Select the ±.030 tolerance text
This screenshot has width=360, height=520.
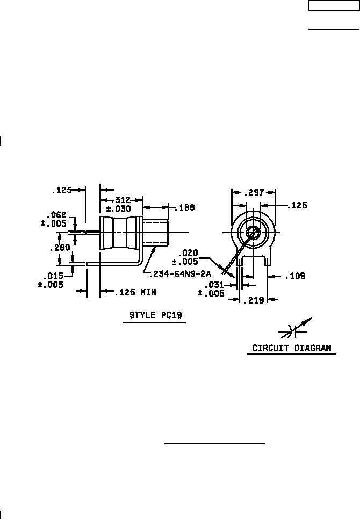[118, 209]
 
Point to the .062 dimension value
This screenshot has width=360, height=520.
[56, 214]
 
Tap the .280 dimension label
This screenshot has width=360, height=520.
[60, 248]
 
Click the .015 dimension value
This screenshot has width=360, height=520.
[53, 276]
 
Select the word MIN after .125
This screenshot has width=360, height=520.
[148, 292]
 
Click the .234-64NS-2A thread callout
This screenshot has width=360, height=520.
[180, 275]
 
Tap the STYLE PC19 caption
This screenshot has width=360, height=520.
[156, 315]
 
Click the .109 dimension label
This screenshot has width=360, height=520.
[295, 276]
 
